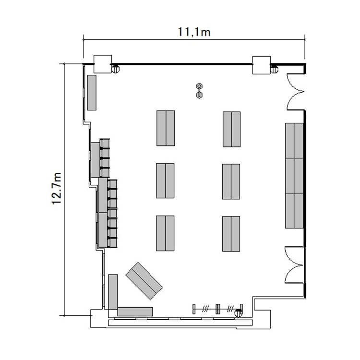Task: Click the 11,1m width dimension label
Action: click(x=194, y=32)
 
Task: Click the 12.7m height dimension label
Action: click(x=56, y=188)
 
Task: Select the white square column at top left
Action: click(x=103, y=64)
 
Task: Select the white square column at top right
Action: click(x=261, y=65)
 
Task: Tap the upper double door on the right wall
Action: click(x=296, y=92)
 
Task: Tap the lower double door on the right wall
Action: click(x=295, y=265)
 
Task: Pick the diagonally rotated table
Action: click(x=144, y=281)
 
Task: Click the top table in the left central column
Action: click(x=166, y=128)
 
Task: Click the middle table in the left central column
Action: click(x=165, y=180)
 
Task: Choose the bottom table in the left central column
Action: click(x=165, y=233)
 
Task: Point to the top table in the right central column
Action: click(x=232, y=129)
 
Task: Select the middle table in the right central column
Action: click(x=231, y=181)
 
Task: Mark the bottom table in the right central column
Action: click(x=231, y=234)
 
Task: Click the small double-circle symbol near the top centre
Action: click(x=199, y=91)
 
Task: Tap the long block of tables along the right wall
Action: click(x=294, y=176)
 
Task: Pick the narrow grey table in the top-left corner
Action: click(x=92, y=93)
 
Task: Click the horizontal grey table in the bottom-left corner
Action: click(x=135, y=312)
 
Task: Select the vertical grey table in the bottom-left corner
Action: click(x=113, y=292)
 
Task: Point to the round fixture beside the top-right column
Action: click(x=274, y=69)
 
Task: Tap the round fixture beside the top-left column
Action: click(x=116, y=69)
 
